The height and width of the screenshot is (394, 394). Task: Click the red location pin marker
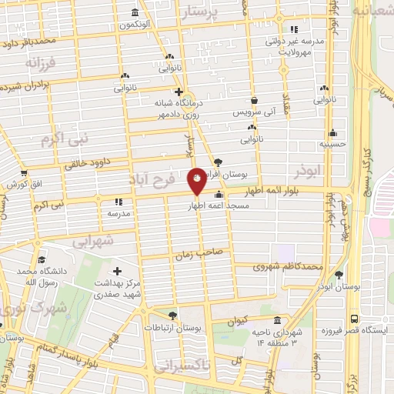pos(197,180)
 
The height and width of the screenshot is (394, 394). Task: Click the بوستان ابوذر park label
pos(343,285)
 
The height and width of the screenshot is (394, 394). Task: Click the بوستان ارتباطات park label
pos(177,328)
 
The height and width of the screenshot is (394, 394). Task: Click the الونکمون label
pos(134,25)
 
